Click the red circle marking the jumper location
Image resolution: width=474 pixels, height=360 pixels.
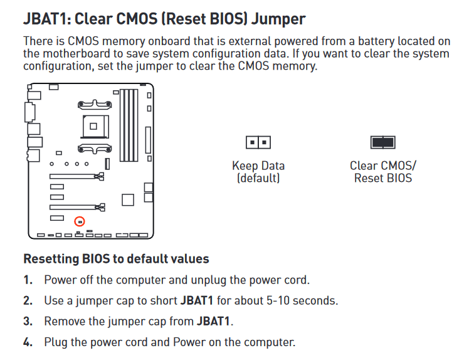pyautogui.click(x=80, y=218)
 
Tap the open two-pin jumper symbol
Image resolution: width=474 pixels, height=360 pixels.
pyautogui.click(x=258, y=142)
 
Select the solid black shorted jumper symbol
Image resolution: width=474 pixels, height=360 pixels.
pyautogui.click(x=382, y=142)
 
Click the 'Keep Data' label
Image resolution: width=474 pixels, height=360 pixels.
pyautogui.click(x=258, y=166)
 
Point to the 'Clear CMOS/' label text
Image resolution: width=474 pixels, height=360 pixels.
pyautogui.click(x=383, y=166)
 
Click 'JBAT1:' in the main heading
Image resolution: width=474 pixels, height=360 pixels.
pyautogui.click(x=47, y=19)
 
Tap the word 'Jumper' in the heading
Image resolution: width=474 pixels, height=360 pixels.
pyautogui.click(x=278, y=19)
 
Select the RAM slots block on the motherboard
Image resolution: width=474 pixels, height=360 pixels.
pyautogui.click(x=129, y=125)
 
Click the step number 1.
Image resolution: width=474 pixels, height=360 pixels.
pyautogui.click(x=28, y=280)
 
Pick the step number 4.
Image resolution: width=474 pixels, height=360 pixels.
pyautogui.click(x=28, y=342)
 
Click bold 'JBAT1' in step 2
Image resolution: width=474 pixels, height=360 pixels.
pyautogui.click(x=197, y=301)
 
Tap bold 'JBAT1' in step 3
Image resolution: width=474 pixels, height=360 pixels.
pyautogui.click(x=213, y=321)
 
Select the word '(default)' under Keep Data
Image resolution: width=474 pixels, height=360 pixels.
pyautogui.click(x=258, y=178)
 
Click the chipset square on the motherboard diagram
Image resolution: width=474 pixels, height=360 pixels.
pyautogui.click(x=128, y=200)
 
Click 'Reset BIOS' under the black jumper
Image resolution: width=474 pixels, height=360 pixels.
pyautogui.click(x=383, y=178)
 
